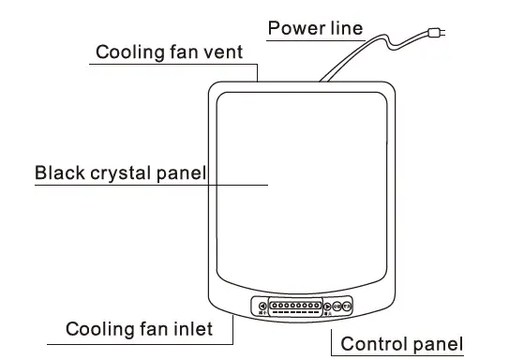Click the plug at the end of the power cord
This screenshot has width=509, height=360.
437,35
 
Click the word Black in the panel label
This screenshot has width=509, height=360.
58,172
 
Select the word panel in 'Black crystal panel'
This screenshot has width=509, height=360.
185,172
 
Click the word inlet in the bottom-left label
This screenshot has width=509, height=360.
190,329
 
